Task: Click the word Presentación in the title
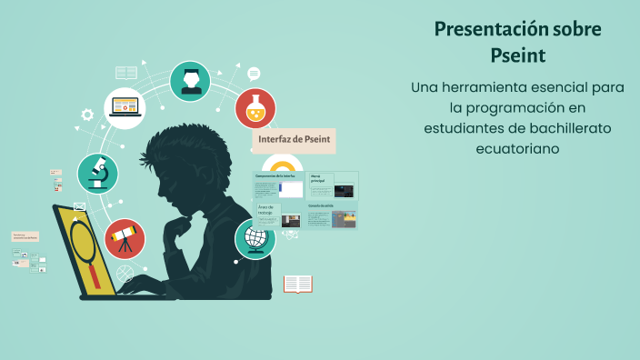(484, 29)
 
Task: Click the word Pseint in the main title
(517, 56)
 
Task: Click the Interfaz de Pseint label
(295, 140)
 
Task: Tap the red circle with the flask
(255, 109)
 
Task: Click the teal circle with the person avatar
(191, 81)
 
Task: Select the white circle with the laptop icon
(125, 108)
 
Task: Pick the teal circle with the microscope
(97, 173)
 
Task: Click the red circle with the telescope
(125, 239)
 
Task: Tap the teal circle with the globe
(255, 239)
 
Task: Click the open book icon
(298, 285)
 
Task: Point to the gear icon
(87, 115)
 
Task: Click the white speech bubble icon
(254, 74)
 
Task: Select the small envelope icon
(79, 207)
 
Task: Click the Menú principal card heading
(318, 178)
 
